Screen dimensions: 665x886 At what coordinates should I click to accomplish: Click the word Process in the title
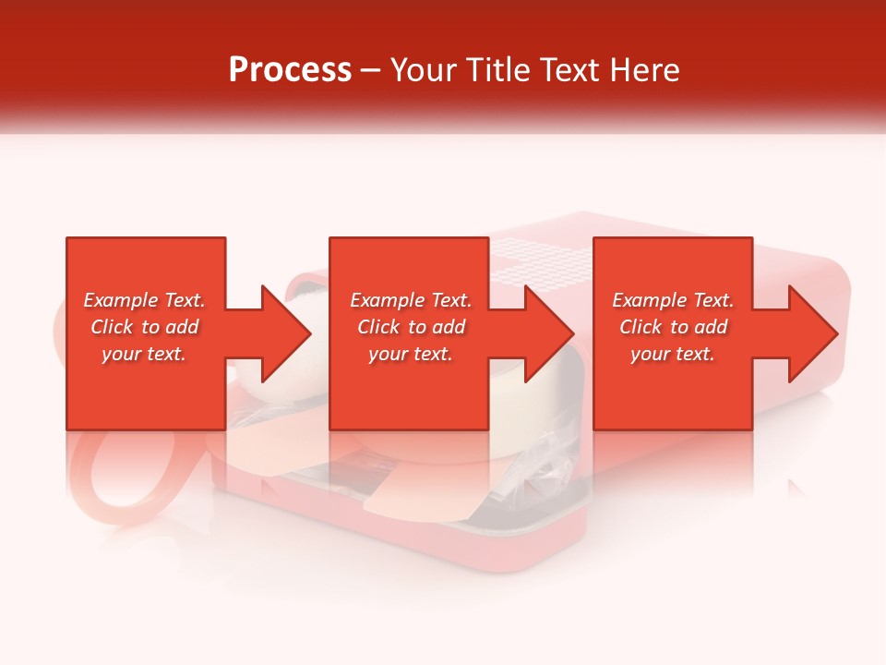tap(290, 70)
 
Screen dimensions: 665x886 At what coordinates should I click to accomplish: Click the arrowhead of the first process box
tap(286, 333)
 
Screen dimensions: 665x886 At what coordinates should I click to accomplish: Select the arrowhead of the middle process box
tap(549, 333)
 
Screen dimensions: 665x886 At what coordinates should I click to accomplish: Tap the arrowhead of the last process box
tap(812, 333)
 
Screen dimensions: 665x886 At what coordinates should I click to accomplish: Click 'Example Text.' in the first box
tap(144, 300)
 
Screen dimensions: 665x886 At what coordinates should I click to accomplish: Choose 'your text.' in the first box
tap(144, 354)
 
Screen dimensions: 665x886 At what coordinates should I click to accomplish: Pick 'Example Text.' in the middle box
tap(411, 300)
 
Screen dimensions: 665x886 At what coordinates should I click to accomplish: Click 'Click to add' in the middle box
tap(411, 327)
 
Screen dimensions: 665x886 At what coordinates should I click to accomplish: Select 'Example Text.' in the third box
tap(673, 300)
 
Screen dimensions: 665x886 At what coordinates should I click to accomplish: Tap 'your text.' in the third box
tap(673, 354)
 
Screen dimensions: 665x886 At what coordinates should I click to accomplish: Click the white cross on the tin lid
tap(545, 259)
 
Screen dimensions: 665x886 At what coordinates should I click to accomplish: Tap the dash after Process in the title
tap(370, 71)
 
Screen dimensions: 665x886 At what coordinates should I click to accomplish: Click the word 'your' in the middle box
tap(387, 354)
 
